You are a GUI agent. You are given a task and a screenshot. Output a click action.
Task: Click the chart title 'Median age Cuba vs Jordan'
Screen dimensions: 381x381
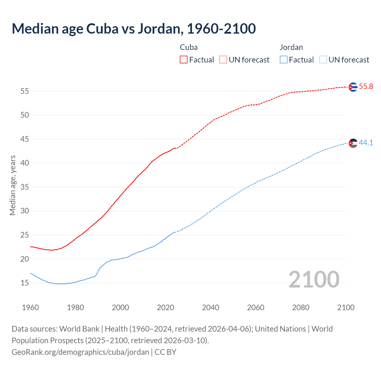point(134,29)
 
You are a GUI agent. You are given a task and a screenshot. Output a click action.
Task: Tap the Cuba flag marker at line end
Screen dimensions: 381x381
point(353,87)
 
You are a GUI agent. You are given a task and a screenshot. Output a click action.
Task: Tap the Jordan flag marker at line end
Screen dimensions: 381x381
point(353,143)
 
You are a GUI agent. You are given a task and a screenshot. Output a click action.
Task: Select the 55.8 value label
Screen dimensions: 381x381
point(366,87)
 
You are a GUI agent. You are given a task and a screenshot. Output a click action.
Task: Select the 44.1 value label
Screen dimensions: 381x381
point(366,143)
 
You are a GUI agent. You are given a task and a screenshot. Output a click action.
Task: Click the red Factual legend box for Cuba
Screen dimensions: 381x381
point(184,60)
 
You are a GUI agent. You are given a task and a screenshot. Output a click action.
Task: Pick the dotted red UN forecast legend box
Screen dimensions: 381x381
point(223,60)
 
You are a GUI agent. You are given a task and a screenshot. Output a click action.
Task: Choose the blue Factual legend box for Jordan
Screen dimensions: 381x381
point(283,60)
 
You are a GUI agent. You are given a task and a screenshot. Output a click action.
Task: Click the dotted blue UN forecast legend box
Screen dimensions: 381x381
point(323,60)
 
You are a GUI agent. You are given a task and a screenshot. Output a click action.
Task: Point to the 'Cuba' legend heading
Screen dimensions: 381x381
point(189,47)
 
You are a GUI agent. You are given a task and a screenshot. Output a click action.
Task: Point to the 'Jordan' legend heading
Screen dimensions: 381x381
point(291,47)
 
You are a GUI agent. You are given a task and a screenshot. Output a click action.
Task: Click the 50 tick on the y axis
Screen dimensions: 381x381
point(24,115)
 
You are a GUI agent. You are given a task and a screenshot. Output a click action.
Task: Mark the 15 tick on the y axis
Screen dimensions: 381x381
point(24,283)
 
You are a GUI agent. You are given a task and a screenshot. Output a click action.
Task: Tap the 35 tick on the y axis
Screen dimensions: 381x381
point(24,187)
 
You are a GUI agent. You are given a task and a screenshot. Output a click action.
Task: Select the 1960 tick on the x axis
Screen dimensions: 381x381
point(30,307)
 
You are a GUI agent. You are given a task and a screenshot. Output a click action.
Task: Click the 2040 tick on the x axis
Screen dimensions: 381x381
point(210,307)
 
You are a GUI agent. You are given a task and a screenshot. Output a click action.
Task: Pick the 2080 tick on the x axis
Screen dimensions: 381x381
point(301,307)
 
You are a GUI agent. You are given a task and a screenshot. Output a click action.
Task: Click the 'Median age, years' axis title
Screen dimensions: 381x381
point(13,185)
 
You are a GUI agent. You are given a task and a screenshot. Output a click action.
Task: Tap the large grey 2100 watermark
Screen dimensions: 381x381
point(314,279)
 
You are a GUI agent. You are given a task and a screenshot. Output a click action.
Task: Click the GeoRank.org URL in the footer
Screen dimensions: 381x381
point(80,352)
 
